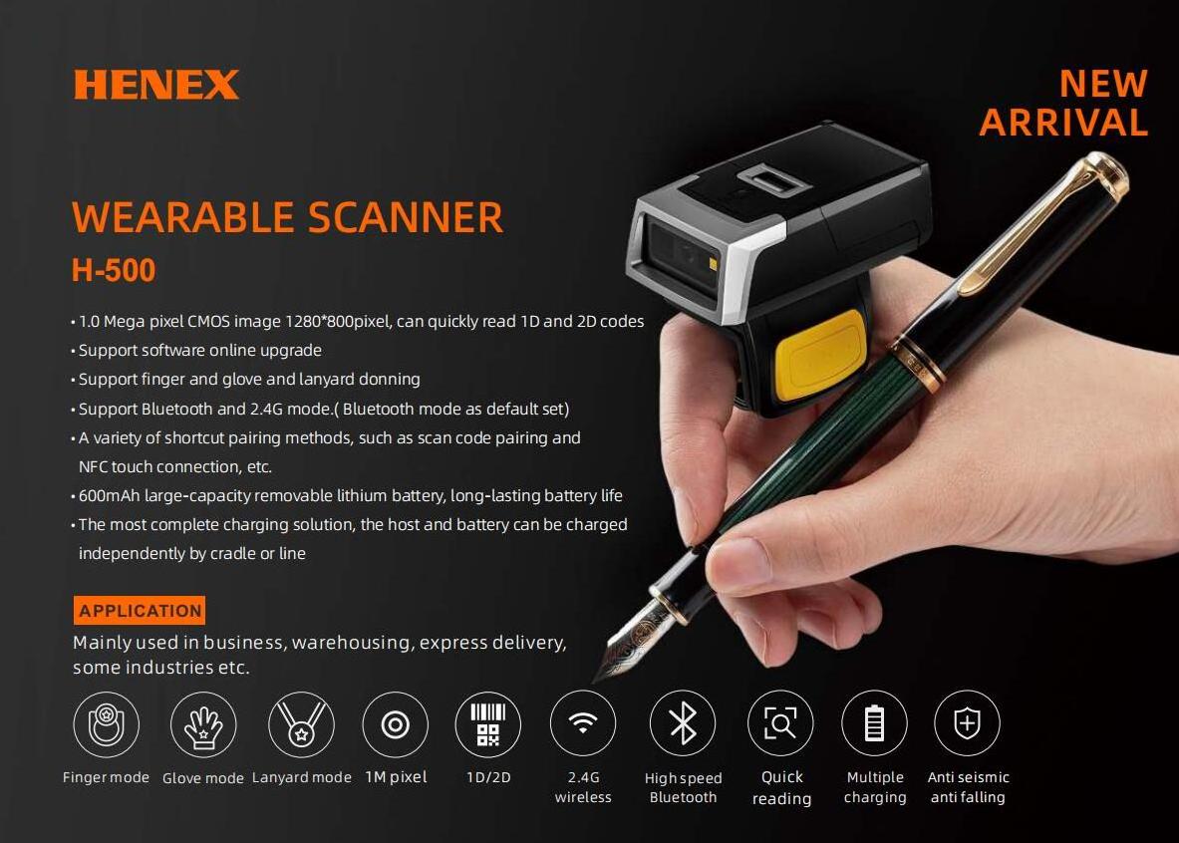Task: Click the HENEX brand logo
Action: (156, 85)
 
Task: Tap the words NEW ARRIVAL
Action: (1064, 103)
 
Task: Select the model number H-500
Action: (114, 271)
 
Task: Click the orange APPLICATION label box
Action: (140, 611)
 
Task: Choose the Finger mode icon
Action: (106, 725)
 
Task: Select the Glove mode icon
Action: (203, 725)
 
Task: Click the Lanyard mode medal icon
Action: (301, 725)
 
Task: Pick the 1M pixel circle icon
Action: (396, 725)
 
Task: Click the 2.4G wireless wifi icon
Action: (583, 723)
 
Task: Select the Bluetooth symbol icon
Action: (683, 723)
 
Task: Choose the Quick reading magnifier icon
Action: (780, 723)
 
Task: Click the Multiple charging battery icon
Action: (874, 723)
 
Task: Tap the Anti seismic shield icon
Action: (967, 723)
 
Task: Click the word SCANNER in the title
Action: (406, 218)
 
